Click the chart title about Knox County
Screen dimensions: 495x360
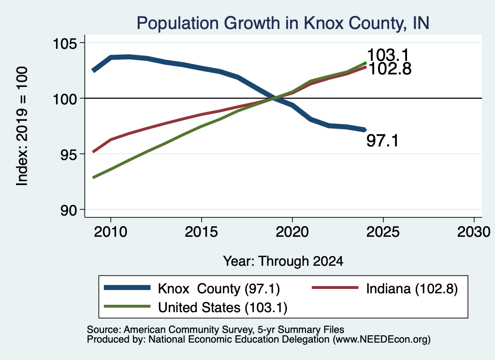coord(283,23)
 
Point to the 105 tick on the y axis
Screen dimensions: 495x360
coord(65,43)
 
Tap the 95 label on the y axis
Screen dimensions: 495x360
coord(69,154)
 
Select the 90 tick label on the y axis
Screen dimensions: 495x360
coord(69,210)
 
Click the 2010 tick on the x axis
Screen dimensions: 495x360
coord(111,232)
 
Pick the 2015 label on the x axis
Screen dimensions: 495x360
coord(202,232)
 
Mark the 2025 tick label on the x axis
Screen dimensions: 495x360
coord(383,232)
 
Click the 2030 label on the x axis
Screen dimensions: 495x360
coord(474,232)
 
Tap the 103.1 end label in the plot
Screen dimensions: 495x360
coord(388,55)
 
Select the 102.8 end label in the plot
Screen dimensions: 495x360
coord(390,69)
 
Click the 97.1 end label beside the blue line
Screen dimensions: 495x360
coord(383,141)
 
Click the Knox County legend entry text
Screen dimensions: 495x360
coord(219,288)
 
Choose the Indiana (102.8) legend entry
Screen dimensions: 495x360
coord(412,288)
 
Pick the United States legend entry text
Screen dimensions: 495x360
coord(222,307)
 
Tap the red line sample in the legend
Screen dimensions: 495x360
coord(335,288)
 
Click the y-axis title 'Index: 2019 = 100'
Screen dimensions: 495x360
coord(22,126)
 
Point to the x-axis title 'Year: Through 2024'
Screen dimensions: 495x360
coord(283,261)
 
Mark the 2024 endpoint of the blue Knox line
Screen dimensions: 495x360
coord(365,130)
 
